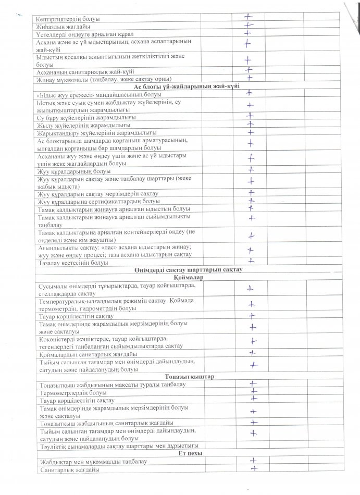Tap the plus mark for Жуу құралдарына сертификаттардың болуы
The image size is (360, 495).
(x=252, y=201)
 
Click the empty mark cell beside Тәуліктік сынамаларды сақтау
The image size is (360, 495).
(x=250, y=445)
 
